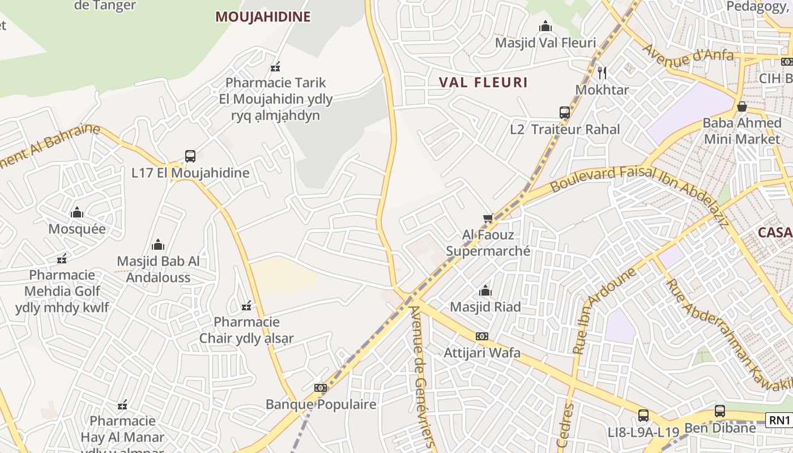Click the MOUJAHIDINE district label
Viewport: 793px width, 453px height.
click(263, 17)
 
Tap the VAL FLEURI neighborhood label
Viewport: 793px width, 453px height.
click(483, 82)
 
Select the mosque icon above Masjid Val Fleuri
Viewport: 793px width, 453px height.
click(545, 26)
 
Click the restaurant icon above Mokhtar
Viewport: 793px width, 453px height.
click(602, 72)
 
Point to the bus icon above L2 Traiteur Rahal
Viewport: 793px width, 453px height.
click(565, 112)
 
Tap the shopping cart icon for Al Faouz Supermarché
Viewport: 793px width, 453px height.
click(488, 218)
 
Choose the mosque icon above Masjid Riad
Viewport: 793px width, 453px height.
click(485, 290)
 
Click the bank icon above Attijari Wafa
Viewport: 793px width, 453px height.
click(482, 336)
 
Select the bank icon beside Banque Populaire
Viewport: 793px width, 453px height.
click(321, 388)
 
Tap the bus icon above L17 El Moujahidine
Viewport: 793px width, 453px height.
click(190, 156)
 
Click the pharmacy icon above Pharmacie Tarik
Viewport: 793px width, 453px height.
click(276, 67)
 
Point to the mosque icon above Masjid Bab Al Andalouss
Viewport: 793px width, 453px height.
click(158, 245)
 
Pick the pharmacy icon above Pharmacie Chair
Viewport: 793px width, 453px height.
click(246, 306)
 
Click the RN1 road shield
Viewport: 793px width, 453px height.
click(779, 420)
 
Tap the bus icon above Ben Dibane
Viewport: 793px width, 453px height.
click(719, 411)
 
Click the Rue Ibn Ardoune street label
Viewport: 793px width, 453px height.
click(604, 311)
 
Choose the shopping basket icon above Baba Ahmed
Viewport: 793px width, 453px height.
click(741, 106)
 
